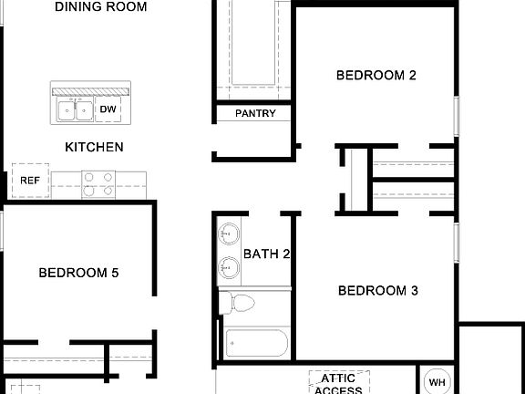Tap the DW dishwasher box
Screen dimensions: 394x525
pos(108,110)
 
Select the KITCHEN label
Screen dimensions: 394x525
pos(94,147)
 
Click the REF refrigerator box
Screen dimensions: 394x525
pos(30,181)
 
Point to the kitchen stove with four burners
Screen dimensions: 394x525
pos(98,184)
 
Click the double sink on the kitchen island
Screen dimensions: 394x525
pos(75,110)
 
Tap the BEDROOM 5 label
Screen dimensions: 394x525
pos(78,272)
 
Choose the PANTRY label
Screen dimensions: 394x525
pos(255,114)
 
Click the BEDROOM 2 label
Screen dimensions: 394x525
pos(376,76)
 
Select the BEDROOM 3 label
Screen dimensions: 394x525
pos(377,291)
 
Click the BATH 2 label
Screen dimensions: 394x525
pos(266,254)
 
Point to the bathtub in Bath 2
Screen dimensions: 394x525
pos(257,345)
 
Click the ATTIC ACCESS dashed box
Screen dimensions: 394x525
pos(338,382)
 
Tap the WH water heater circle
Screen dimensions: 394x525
pos(437,382)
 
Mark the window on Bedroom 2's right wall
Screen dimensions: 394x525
pos(456,119)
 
